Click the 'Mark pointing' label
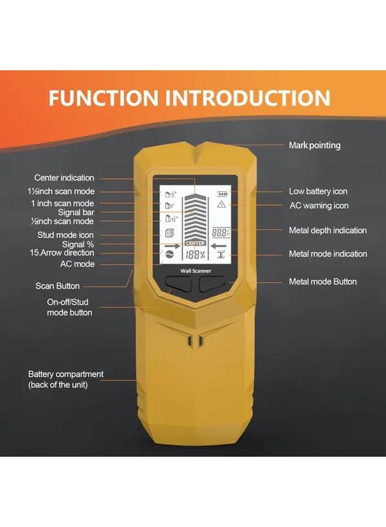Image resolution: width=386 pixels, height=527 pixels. [314, 145]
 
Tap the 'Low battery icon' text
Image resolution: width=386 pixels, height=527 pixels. [318, 191]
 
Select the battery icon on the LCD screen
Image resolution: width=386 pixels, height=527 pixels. [221, 193]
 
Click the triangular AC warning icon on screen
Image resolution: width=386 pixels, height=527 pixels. [221, 204]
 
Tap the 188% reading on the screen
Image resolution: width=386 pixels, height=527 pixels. [195, 255]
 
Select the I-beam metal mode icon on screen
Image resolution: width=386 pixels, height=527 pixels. [221, 254]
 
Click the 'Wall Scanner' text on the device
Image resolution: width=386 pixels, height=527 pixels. [194, 271]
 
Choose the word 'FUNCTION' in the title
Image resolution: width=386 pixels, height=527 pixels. [103, 98]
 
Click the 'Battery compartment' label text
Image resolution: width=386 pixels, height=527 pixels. [66, 374]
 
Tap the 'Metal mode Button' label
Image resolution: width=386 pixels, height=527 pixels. [322, 282]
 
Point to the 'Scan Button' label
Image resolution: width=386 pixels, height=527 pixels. [57, 286]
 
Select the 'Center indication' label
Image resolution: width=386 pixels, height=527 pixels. [64, 178]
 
